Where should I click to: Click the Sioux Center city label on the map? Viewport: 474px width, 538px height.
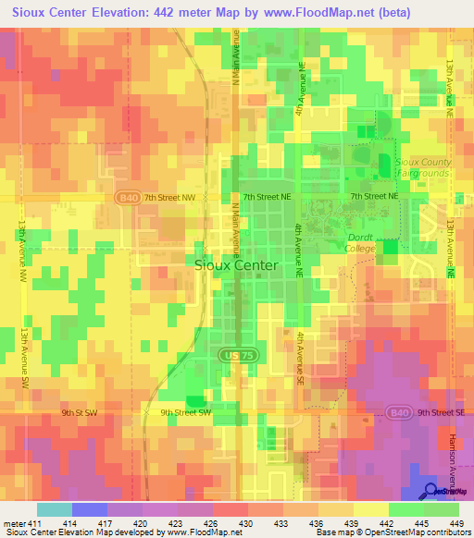click(x=235, y=264)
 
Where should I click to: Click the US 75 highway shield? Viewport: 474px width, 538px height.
click(x=233, y=355)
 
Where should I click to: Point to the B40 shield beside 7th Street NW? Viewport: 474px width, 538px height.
click(x=130, y=197)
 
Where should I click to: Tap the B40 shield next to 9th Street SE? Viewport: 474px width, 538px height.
click(x=398, y=412)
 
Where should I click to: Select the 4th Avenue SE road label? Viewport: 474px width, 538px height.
click(x=301, y=360)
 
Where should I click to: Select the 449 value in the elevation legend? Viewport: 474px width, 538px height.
click(x=456, y=523)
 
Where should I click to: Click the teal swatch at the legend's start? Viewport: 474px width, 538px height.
click(x=55, y=509)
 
